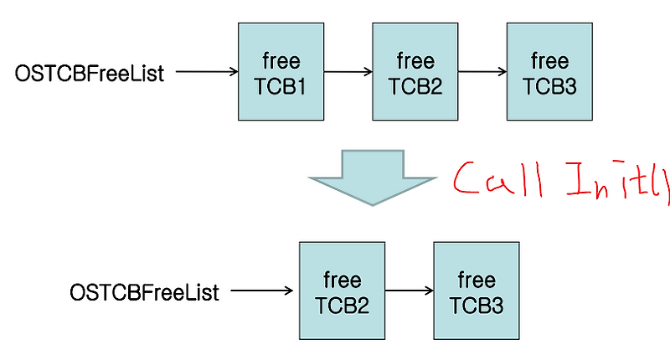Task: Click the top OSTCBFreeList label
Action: click(x=90, y=74)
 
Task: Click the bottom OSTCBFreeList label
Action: click(x=145, y=293)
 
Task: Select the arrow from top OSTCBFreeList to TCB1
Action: click(x=208, y=73)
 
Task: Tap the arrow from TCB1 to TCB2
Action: click(x=348, y=73)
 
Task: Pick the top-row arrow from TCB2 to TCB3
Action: click(x=482, y=73)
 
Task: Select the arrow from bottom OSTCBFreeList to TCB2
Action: click(x=261, y=292)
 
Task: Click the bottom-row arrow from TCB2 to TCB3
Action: click(x=409, y=292)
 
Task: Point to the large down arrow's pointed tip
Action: click(x=373, y=203)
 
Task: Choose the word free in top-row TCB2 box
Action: click(x=415, y=60)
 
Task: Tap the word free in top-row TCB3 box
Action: click(x=550, y=60)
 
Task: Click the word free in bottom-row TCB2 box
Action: click(x=342, y=280)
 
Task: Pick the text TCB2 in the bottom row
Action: click(x=342, y=304)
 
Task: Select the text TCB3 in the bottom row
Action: click(x=476, y=304)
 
